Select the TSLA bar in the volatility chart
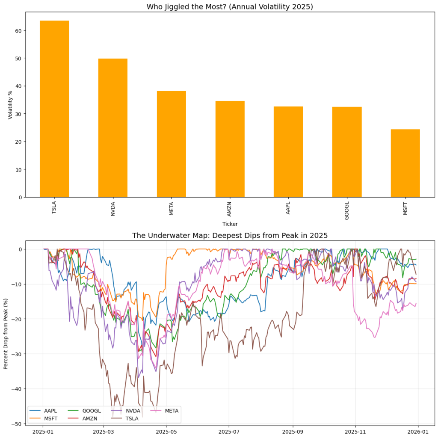pyautogui.click(x=54, y=109)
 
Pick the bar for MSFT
pyautogui.click(x=405, y=163)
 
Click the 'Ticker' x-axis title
pyautogui.click(x=230, y=224)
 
